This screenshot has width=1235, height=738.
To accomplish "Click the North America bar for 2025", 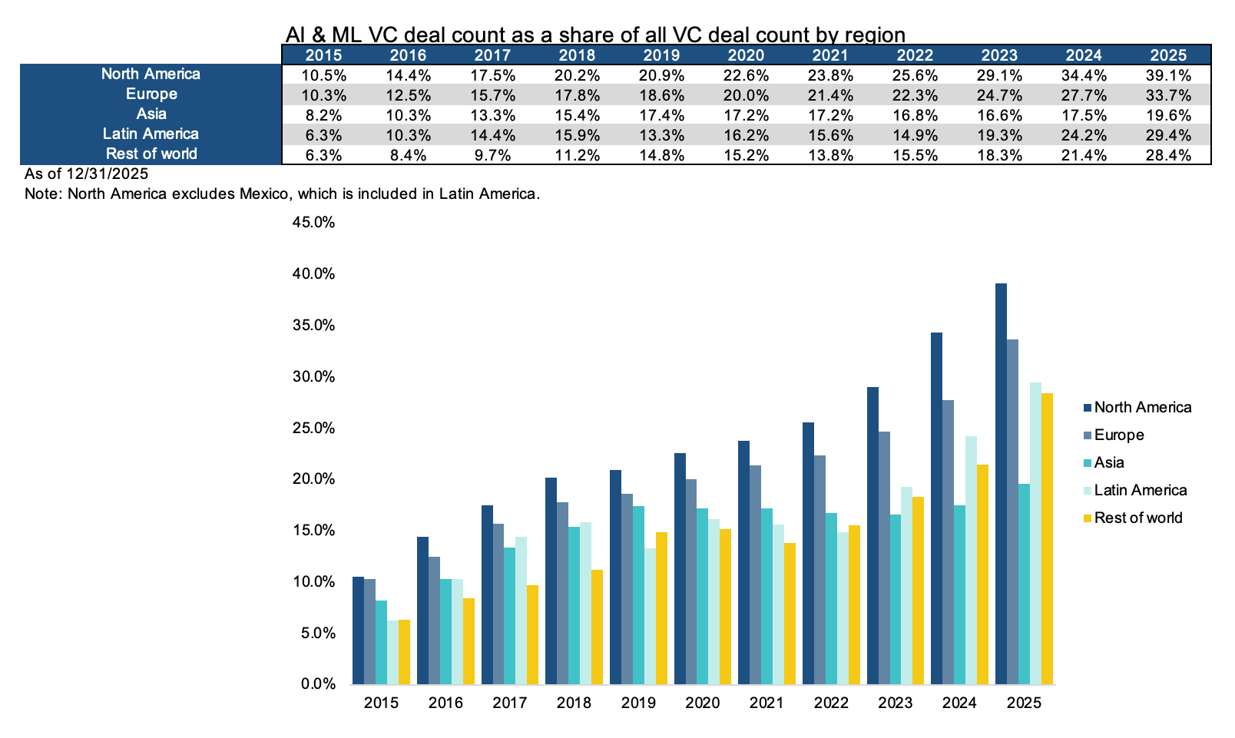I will tap(1001, 484).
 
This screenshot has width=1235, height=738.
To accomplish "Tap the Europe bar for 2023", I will tap(884, 558).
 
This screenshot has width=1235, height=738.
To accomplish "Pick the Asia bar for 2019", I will tap(638, 595).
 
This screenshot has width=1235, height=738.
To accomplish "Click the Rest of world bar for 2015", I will tap(404, 652).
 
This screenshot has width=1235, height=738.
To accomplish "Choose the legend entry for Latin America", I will tap(1140, 491).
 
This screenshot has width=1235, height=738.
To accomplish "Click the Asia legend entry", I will tap(1108, 463).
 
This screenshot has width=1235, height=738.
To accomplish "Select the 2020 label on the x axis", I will tap(702, 703).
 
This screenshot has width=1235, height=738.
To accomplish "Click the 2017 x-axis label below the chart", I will tap(509, 703).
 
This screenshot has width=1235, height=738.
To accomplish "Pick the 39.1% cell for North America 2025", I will tap(1168, 75).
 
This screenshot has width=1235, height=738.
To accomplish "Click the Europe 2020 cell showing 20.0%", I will tap(746, 95).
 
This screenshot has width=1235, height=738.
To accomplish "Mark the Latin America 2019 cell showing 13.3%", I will tap(661, 135).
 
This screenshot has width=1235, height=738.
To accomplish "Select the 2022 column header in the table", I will tap(915, 55).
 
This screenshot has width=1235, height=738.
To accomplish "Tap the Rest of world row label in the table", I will tap(151, 154).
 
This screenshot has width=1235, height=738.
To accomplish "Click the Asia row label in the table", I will tap(151, 114).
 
